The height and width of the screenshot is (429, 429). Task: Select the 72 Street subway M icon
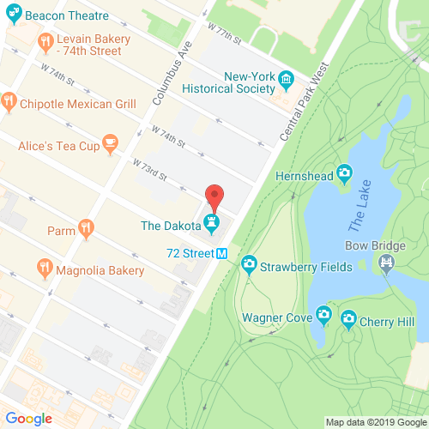221,253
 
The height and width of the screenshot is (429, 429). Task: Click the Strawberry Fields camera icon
249,263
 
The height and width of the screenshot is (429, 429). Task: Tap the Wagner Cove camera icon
323,317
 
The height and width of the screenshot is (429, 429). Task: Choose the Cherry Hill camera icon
348,321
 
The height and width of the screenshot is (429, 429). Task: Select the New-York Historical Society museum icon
287,82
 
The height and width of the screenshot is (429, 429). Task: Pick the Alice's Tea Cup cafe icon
109,142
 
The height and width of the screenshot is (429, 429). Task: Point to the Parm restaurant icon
85,227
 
